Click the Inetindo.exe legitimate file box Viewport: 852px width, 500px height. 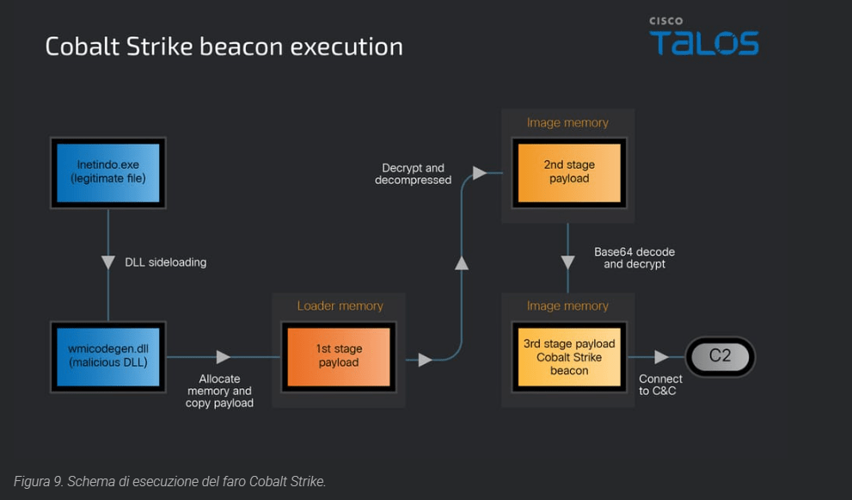click(x=108, y=172)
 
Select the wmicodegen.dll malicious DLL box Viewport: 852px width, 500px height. click(x=108, y=355)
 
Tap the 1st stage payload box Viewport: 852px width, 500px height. click(x=339, y=355)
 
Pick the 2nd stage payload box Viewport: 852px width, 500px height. click(x=568, y=171)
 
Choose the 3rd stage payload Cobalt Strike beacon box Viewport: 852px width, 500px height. click(x=568, y=356)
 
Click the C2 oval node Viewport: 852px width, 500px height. click(x=720, y=355)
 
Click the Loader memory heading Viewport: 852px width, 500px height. click(x=340, y=306)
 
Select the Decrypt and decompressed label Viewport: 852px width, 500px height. click(x=413, y=174)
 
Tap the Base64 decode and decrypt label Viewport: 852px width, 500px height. click(x=634, y=258)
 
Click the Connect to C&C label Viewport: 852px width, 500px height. click(x=660, y=385)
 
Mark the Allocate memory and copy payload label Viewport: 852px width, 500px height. click(x=219, y=391)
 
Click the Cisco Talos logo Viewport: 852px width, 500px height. click(x=703, y=36)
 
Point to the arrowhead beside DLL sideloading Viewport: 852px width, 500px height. click(x=108, y=262)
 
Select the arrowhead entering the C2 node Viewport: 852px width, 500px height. click(x=661, y=356)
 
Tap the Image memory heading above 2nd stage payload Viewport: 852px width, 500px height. click(x=567, y=123)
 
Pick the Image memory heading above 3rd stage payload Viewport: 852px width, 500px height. click(x=567, y=306)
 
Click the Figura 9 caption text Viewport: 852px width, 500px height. click(x=170, y=481)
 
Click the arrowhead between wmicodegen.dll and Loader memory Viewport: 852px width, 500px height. click(x=224, y=356)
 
